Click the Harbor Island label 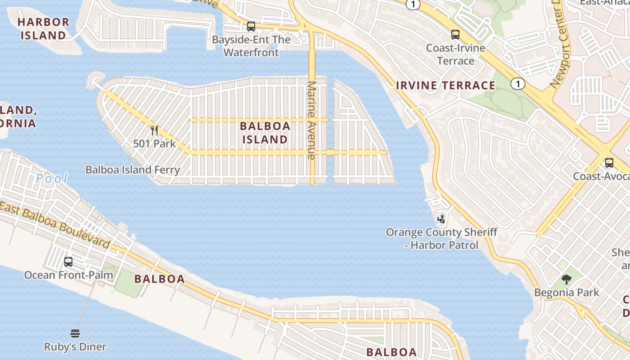pos(44,28)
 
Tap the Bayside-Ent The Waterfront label pos(251,46)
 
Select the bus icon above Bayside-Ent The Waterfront pos(251,27)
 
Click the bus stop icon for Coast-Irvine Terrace pos(455,34)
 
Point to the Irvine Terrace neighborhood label pos(445,85)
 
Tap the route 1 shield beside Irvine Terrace pos(518,84)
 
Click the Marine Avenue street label pos(311,120)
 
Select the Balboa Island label pos(265,132)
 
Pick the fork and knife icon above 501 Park pos(154,130)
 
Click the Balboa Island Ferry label pos(133,170)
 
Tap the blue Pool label pos(52,179)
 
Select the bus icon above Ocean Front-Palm pos(68,261)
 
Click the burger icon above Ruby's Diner pos(75,333)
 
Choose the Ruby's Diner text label pos(75,347)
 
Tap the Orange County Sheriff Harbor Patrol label pos(441,238)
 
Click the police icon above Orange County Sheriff pos(441,219)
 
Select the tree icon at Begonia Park pos(567,279)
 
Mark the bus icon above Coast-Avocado pos(609,163)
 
